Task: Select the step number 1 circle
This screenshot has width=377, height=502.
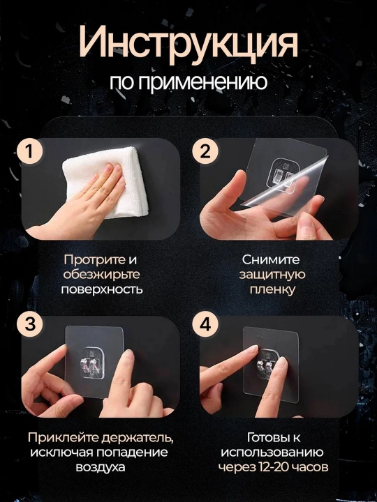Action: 29,151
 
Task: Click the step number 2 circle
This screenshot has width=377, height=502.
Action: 205,151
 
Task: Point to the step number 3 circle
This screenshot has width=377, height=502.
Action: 29,324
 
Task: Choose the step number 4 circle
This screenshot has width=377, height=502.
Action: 205,324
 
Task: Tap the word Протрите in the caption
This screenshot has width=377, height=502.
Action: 94,260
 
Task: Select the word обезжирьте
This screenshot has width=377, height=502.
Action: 102,275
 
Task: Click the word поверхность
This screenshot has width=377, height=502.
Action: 102,289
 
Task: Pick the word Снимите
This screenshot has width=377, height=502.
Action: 271,259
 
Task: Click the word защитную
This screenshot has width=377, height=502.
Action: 272,275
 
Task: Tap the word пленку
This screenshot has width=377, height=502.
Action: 272,290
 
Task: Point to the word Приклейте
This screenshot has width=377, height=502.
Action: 63,438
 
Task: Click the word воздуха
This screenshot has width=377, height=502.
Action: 101,467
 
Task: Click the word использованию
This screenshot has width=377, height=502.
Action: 272,452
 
